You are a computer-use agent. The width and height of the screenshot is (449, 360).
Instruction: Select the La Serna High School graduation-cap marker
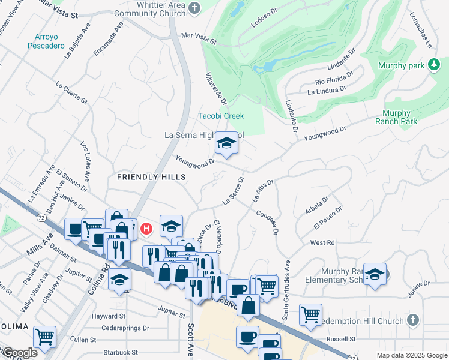click(x=226, y=143)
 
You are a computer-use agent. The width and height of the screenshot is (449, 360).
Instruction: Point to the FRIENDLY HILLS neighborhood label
click(x=146, y=176)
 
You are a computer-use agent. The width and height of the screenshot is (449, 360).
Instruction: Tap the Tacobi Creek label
click(x=221, y=116)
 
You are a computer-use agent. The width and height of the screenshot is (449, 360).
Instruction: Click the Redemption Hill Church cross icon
click(x=412, y=321)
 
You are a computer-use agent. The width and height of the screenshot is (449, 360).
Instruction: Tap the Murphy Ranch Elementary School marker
click(x=375, y=274)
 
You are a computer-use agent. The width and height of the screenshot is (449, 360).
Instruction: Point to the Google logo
click(x=19, y=353)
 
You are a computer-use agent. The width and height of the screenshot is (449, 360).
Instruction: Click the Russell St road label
click(x=337, y=339)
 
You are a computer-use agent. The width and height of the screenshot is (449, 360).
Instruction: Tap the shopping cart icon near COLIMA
click(x=44, y=337)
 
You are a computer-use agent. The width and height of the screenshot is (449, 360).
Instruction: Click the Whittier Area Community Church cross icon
click(x=194, y=8)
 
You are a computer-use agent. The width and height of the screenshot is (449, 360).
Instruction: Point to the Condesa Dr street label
click(x=268, y=221)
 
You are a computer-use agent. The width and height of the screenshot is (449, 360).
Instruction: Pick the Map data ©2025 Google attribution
click(x=412, y=355)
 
